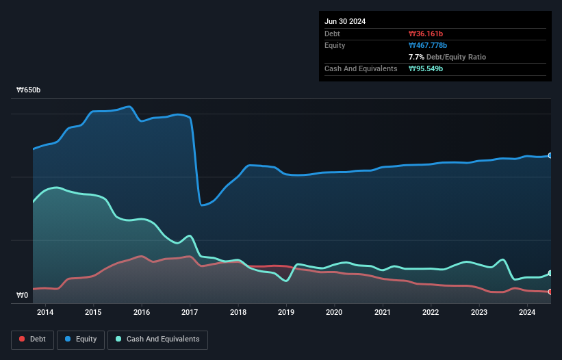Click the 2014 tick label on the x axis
coord(45,313)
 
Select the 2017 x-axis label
coord(190,313)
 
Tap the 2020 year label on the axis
coord(334,313)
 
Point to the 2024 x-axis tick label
coord(527,313)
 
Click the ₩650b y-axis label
coord(28,90)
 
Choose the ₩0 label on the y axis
coord(23,296)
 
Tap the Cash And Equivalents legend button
coord(157,339)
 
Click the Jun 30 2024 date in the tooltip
coord(345,21)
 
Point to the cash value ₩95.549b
coord(426,68)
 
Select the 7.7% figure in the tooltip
coord(417,57)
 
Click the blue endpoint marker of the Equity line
coord(550,155)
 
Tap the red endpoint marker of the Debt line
coord(550,292)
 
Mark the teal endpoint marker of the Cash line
coord(550,273)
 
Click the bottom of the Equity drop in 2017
coord(201,205)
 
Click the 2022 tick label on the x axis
coord(431,313)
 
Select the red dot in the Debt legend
coord(23,339)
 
